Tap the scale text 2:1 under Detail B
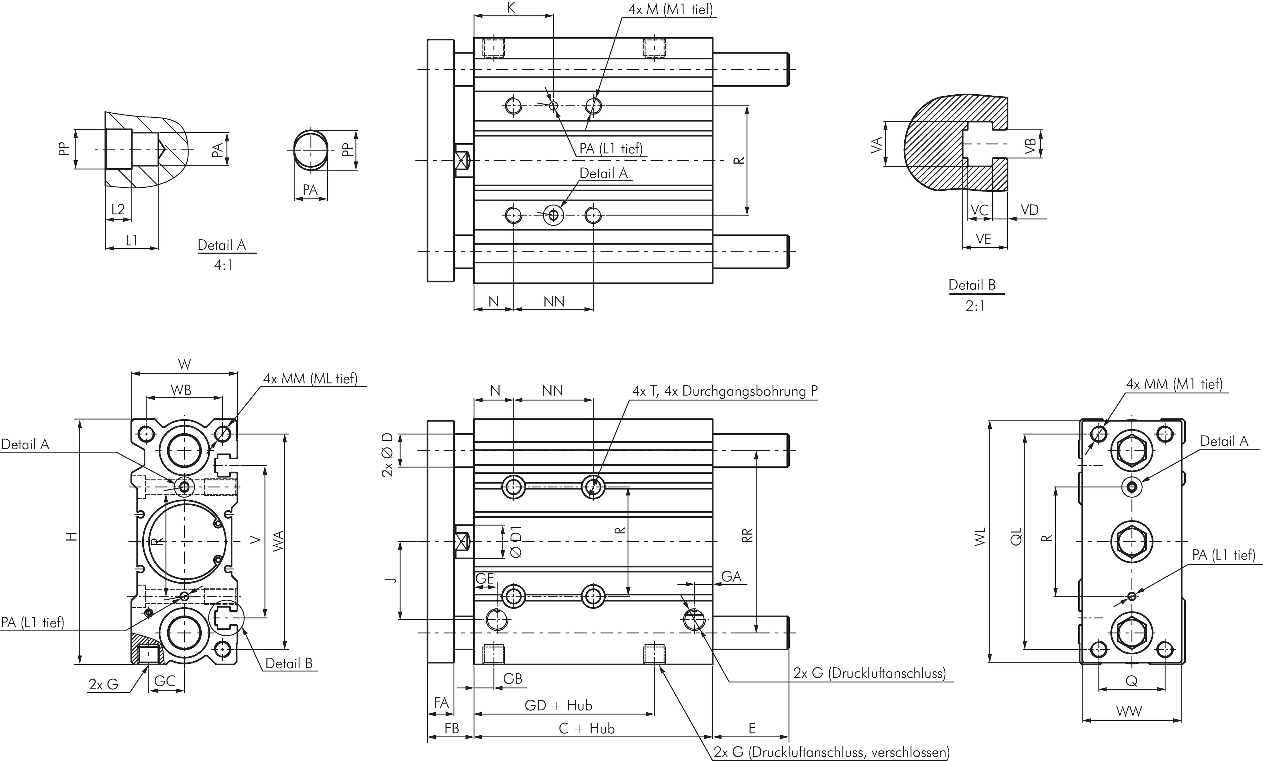point(975,306)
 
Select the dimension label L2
point(118,209)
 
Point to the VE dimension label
point(983,239)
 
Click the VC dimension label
point(979,210)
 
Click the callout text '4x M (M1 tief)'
point(670,9)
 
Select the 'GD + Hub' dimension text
point(558,706)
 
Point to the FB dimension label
point(452,728)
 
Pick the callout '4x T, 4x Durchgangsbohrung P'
point(725,391)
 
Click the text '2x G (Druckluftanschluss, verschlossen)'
point(831,752)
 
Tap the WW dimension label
point(1129,711)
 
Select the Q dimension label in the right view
point(1131,681)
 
